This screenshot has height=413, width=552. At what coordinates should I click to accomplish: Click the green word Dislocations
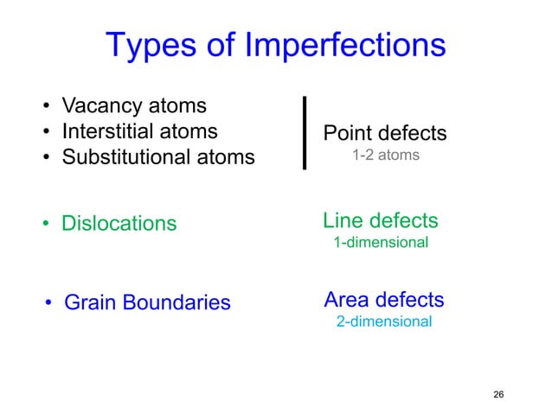click(x=119, y=224)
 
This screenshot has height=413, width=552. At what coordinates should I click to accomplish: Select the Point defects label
click(x=384, y=133)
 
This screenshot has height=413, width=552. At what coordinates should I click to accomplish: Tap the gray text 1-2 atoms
click(x=385, y=156)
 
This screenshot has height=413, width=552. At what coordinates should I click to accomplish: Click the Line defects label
click(x=380, y=220)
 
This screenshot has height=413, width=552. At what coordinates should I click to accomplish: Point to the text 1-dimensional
click(x=381, y=243)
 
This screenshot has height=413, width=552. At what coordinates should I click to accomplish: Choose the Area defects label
click(x=383, y=300)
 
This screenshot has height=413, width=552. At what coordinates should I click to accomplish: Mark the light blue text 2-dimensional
click(x=383, y=321)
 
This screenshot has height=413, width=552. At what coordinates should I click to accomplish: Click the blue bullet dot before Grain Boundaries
click(x=49, y=303)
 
